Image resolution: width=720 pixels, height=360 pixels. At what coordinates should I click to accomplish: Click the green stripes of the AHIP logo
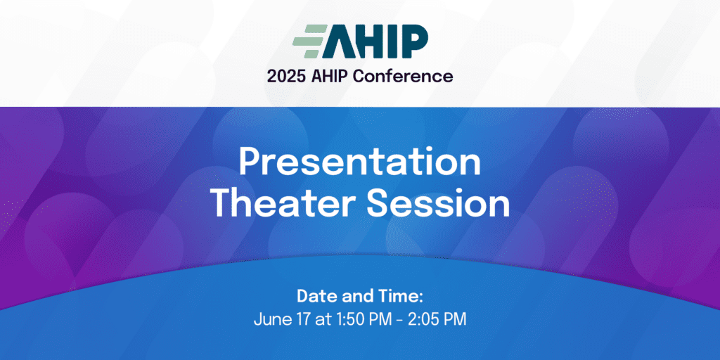tap(309, 41)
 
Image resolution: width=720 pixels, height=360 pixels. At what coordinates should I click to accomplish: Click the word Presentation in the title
tap(359, 163)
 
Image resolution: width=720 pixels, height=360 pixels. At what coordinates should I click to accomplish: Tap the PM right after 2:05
tap(456, 319)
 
